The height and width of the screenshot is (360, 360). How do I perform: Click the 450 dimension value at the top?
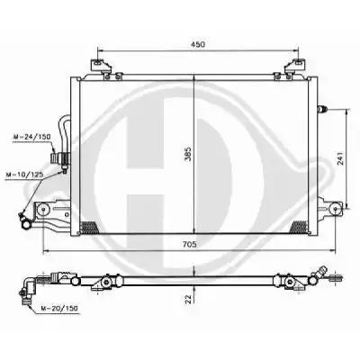tap(198, 44)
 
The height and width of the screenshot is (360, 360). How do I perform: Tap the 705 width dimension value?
tap(190, 245)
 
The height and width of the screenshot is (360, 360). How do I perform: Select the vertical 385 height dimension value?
tap(188, 154)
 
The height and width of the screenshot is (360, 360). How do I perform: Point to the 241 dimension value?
tap(341, 158)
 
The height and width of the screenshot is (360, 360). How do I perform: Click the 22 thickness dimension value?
tap(188, 299)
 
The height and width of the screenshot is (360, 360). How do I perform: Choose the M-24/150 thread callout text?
tap(32, 137)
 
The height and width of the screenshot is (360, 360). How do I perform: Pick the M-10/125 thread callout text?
tap(24, 175)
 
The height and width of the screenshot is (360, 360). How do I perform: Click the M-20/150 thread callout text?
tap(59, 308)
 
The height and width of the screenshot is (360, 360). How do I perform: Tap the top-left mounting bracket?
tap(101, 67)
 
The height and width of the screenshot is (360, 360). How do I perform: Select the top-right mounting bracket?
tap(295, 67)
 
